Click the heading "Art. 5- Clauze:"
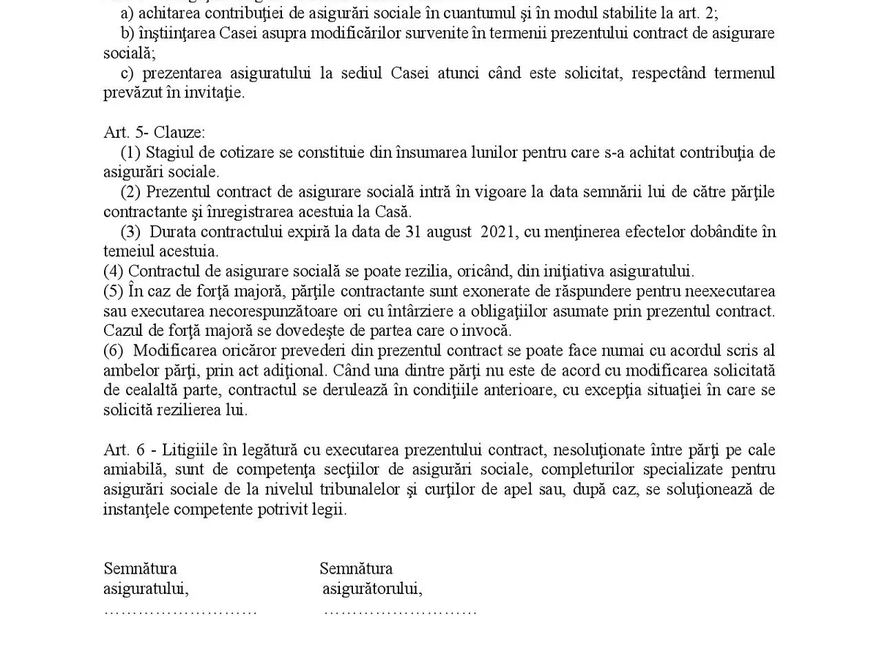tap(155, 133)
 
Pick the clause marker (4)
tap(114, 271)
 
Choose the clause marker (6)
tap(114, 351)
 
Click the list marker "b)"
tap(129, 34)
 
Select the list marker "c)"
tap(127, 73)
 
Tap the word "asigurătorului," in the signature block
tap(372, 588)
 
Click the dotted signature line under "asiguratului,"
tap(180, 610)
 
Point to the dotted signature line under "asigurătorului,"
tap(400, 610)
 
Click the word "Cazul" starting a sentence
tap(122, 331)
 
